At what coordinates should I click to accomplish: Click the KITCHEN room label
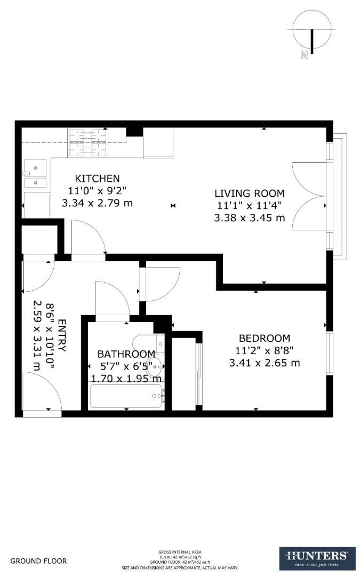click(97, 178)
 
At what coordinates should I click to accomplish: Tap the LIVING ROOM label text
click(249, 193)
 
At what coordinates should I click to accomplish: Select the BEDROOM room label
click(264, 338)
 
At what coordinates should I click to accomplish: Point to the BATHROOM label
click(126, 354)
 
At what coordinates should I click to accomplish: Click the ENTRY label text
click(61, 335)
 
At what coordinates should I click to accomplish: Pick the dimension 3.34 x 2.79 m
click(97, 203)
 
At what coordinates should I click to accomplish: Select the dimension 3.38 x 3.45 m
click(249, 218)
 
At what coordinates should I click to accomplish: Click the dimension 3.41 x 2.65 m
click(264, 363)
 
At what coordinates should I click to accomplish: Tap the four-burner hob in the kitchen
click(86, 142)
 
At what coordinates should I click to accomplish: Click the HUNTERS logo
click(317, 558)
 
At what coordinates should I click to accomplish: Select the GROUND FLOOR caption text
click(39, 561)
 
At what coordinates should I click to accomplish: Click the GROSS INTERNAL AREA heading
click(180, 552)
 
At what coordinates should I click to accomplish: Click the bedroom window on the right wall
click(329, 353)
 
